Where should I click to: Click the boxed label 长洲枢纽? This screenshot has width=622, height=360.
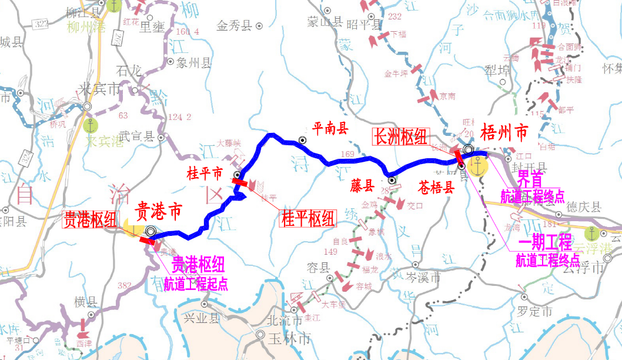(x=402, y=136)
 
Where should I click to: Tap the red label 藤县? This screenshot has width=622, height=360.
(x=363, y=186)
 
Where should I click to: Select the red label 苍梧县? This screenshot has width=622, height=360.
(x=436, y=188)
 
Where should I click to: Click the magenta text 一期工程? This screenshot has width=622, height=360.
(x=544, y=241)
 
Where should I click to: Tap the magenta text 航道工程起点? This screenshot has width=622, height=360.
(x=196, y=284)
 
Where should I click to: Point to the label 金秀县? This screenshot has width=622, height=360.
(x=234, y=25)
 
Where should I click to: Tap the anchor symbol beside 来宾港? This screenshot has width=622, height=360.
(x=90, y=125)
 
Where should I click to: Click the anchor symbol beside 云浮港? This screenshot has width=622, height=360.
(x=595, y=234)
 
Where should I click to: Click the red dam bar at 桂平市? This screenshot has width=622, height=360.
(x=239, y=182)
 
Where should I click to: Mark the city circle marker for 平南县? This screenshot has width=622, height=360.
(x=302, y=140)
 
